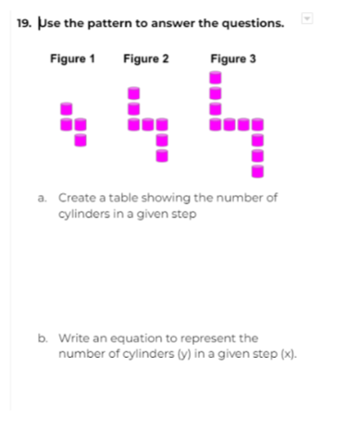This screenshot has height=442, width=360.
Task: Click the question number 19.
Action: coord(24,23)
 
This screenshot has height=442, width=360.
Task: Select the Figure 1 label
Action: coord(72,58)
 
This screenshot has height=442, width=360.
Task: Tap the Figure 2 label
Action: coord(146,58)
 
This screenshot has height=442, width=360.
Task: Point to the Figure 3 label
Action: coord(233,58)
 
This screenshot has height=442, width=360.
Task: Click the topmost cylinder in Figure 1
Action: coord(67,109)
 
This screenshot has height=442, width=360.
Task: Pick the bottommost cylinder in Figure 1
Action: coord(81,141)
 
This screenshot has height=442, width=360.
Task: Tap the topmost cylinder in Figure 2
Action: coord(133,93)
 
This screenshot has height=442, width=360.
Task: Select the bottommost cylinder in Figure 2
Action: coord(162,155)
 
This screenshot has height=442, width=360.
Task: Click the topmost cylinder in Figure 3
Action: coord(216,78)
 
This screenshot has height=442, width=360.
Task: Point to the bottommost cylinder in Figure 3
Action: coord(257,171)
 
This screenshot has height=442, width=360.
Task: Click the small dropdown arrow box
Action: coord(307,18)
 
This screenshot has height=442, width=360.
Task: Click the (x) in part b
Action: coord(289,354)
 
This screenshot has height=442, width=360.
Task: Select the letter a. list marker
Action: coord(42,198)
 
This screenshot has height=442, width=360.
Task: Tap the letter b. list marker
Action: coord(43,338)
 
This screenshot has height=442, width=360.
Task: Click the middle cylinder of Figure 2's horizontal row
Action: coord(148,125)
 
